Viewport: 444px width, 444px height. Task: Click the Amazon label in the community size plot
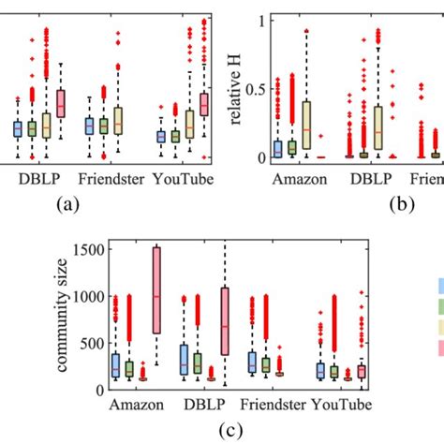tap(141, 406)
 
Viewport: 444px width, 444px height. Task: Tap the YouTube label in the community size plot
tap(341, 406)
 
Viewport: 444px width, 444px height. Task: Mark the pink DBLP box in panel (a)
tap(62, 103)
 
